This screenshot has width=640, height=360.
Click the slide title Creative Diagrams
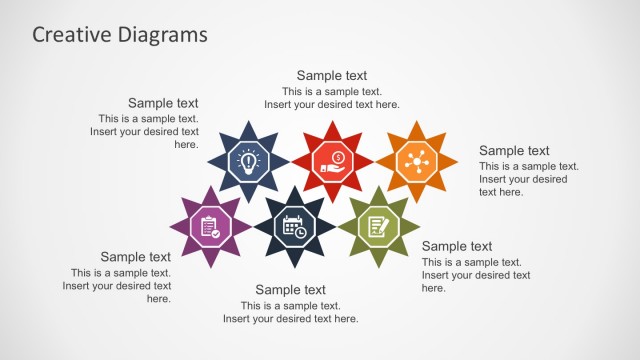120,34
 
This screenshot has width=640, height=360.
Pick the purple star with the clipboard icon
208,227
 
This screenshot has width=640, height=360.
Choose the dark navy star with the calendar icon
294,227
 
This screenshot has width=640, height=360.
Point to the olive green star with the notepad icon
379,227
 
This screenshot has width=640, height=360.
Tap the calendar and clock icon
294,227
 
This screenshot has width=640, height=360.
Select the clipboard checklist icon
209,227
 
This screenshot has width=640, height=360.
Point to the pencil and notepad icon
379,227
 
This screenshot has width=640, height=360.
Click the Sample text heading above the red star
332,75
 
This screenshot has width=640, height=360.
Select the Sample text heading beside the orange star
514,151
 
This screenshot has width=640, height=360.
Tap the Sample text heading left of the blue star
163,103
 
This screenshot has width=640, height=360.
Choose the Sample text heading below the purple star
135,257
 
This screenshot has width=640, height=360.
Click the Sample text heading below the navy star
290,290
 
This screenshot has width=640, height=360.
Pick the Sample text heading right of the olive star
457,246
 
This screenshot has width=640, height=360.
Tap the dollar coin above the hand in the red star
339,156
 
